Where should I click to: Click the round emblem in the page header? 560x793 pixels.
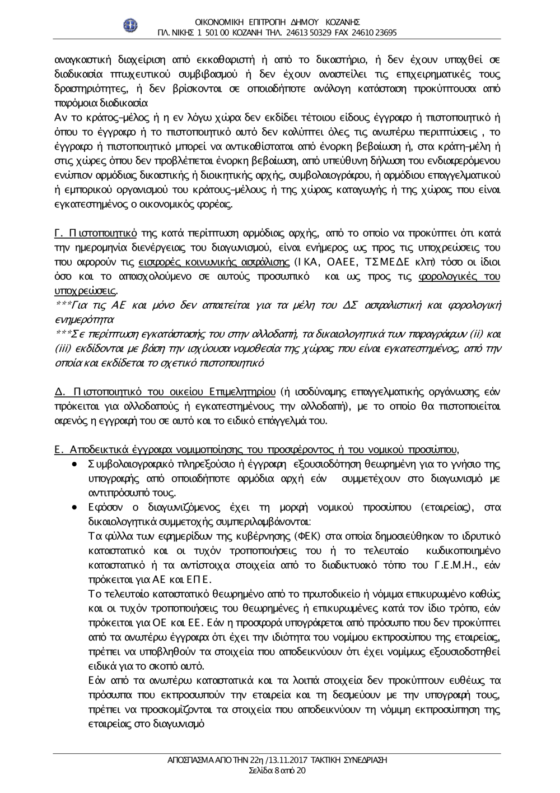point(130,26)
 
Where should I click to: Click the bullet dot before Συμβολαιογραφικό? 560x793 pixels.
point(74,465)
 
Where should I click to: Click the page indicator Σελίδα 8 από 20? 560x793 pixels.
point(277,771)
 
